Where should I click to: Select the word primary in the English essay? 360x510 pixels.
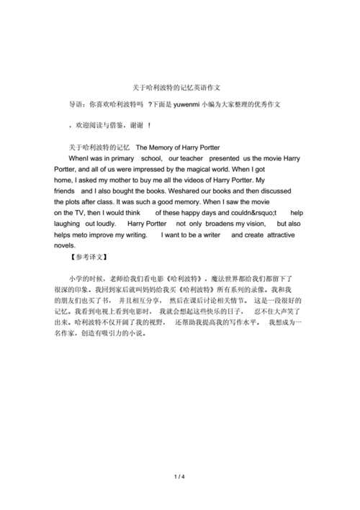121,158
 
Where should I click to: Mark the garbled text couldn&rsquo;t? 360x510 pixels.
251,214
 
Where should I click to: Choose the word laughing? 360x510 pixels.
70,224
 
